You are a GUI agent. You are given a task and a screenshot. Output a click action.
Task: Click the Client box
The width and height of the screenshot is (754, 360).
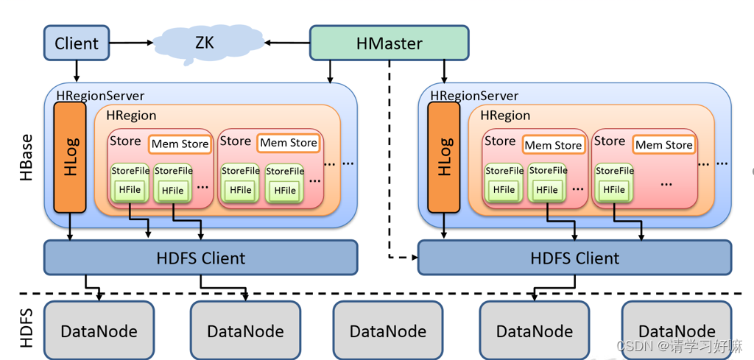point(76,43)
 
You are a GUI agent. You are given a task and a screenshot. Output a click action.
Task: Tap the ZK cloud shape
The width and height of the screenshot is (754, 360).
point(204,43)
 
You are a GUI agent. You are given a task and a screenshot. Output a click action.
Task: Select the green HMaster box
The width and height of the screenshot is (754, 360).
point(389,43)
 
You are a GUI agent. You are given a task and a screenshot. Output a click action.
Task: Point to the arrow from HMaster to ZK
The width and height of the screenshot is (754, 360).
point(287,43)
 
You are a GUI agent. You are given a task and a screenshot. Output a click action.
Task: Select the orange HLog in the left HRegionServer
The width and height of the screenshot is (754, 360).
point(70,156)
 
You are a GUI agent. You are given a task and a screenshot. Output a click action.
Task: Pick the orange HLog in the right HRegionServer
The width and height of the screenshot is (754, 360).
point(444,157)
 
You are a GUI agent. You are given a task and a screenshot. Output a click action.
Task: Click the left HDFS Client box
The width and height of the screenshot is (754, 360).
point(200,258)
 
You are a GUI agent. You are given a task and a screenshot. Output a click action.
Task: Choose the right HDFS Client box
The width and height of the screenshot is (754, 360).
point(574,258)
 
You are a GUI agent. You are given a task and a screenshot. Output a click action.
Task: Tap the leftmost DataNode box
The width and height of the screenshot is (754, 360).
point(99,331)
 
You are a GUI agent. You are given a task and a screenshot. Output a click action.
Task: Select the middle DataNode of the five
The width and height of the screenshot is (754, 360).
point(388,331)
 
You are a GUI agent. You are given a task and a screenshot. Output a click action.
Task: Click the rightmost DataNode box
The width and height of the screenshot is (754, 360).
point(677,331)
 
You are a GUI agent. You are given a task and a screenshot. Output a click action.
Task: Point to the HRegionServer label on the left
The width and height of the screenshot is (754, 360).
point(100,96)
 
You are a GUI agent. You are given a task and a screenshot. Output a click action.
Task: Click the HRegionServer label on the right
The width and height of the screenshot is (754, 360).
point(474,96)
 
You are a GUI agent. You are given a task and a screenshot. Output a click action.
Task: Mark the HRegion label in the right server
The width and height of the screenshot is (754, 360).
point(505,115)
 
